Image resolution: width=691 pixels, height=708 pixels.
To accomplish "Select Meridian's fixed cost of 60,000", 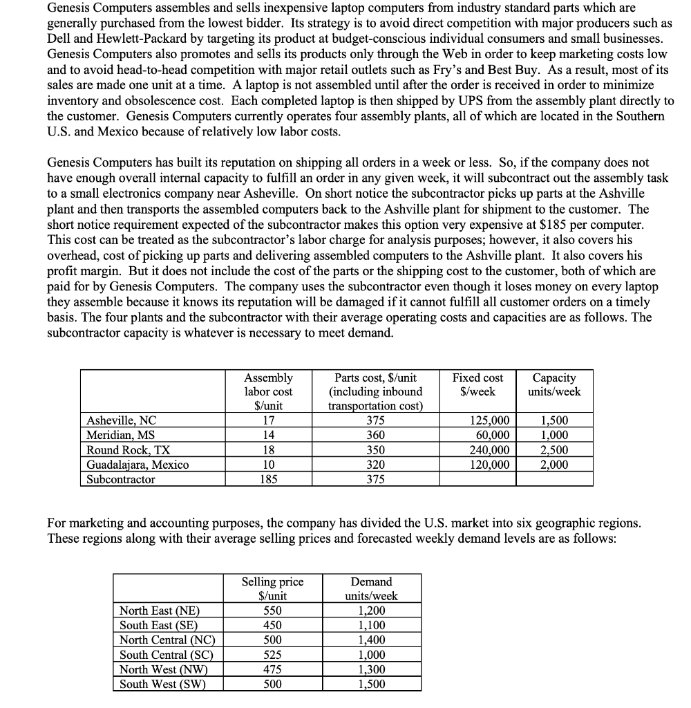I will tap(493, 436).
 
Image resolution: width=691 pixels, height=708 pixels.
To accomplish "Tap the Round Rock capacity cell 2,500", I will tap(555, 450).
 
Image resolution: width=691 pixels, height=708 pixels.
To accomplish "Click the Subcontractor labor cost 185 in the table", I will tap(269, 479).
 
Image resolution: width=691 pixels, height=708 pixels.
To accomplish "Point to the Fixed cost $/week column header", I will tap(477, 384).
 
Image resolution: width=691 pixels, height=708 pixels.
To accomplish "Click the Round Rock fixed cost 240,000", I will tap(490, 450).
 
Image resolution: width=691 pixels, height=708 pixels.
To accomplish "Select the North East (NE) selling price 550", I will tap(272, 611).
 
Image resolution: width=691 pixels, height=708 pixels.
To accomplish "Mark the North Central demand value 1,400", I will tap(372, 640).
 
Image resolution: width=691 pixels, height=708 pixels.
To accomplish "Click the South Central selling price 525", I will tap(272, 655).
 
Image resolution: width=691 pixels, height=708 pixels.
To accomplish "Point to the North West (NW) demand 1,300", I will tap(372, 669).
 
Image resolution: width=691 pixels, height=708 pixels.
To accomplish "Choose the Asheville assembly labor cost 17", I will tap(269, 420).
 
